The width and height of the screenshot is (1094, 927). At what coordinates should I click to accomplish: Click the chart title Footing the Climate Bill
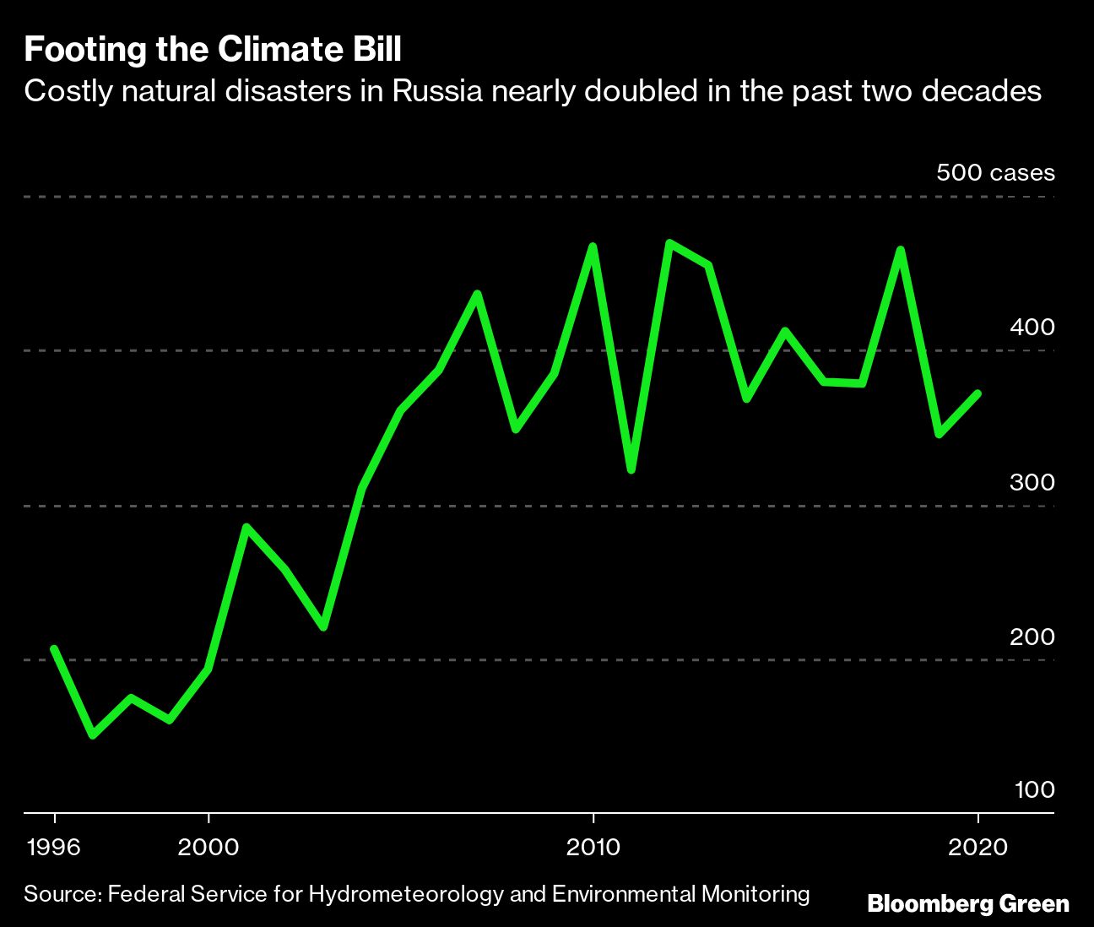pos(213,51)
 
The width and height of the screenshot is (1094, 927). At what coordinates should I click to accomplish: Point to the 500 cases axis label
pos(995,173)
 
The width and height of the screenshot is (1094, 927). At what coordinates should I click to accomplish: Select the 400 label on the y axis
pos(1032,327)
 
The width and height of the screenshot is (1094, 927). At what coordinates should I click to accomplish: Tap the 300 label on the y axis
pos(1032,482)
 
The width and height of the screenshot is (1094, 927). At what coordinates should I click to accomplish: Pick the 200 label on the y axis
pos(1032,637)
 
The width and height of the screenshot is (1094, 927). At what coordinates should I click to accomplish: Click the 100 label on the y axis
pos(1034,790)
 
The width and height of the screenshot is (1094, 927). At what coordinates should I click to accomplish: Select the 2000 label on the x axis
pos(209,847)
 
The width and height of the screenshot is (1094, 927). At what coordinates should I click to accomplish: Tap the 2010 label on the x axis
pos(593,847)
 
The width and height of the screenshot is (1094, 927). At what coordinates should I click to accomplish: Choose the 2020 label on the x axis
pos(978,847)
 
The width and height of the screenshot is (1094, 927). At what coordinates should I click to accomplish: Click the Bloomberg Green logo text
pos(968,904)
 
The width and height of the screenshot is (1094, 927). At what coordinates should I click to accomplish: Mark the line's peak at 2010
pos(593,247)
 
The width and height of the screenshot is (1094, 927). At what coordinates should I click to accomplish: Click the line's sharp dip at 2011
pos(631,469)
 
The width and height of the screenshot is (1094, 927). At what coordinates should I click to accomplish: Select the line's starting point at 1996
pos(54,648)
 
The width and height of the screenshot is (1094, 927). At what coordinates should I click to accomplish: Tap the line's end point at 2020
pos(978,393)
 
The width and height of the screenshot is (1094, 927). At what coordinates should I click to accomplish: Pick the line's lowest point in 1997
pos(93,735)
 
